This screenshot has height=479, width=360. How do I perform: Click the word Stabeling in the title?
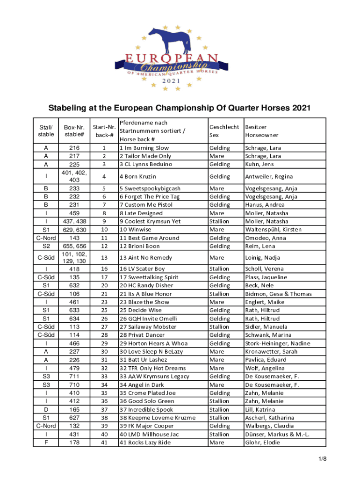69,109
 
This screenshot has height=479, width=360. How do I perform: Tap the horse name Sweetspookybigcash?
152,189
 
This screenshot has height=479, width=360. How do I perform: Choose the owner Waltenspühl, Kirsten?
273,230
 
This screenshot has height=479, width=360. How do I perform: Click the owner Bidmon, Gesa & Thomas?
278,294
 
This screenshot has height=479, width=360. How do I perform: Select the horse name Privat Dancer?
145,335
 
